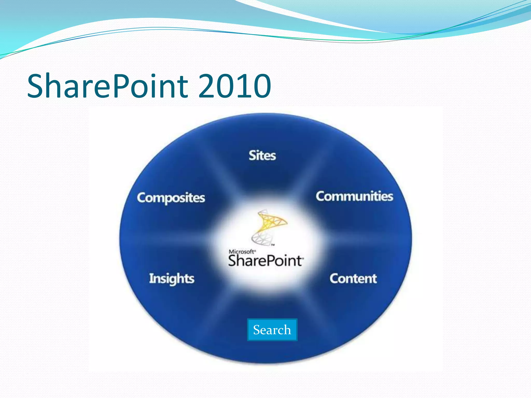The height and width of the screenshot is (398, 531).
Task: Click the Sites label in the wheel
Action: (262, 155)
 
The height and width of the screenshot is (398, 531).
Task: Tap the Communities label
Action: (354, 196)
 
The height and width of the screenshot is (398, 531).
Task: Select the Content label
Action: (353, 279)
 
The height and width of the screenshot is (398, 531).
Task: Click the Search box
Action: (272, 330)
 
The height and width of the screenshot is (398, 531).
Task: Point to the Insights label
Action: (171, 279)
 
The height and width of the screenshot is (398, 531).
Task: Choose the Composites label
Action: (171, 198)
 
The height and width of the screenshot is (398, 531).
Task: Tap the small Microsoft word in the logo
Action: (241, 252)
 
